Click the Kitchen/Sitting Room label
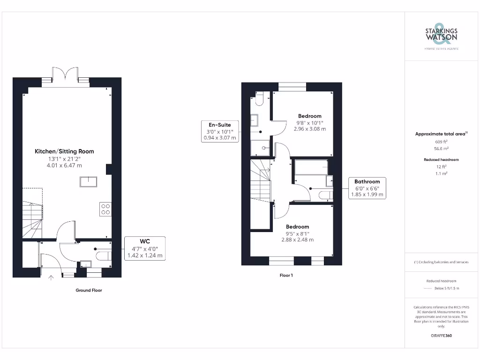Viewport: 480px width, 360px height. tap(64, 151)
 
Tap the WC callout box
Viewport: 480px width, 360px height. tap(145, 248)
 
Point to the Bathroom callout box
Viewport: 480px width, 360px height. tap(367, 188)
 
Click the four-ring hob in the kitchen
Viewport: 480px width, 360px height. tap(105, 209)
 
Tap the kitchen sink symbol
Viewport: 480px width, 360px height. tap(88, 181)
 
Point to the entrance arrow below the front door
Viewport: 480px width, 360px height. tap(51, 278)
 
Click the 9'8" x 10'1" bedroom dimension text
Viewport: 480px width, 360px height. tap(309, 123)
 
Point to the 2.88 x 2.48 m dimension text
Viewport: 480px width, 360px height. tap(297, 240)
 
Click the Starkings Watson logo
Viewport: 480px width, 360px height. tap(441, 36)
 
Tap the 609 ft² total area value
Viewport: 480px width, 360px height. tap(441, 141)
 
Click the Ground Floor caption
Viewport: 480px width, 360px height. tap(89, 290)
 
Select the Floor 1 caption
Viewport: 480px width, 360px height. tap(286, 275)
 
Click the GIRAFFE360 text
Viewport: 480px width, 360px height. tap(441, 336)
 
